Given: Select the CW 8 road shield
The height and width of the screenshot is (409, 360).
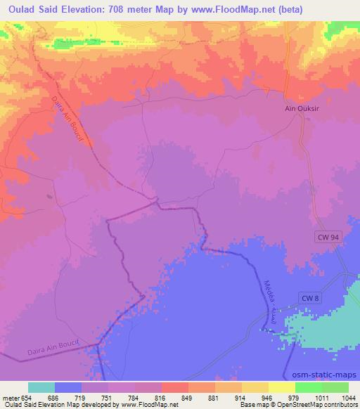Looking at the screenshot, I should [310, 299].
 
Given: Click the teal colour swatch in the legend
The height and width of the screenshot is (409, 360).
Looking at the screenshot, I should [41, 387].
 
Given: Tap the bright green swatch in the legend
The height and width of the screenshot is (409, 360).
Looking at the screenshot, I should [308, 387].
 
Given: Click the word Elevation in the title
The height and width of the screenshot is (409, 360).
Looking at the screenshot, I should [79, 8].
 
